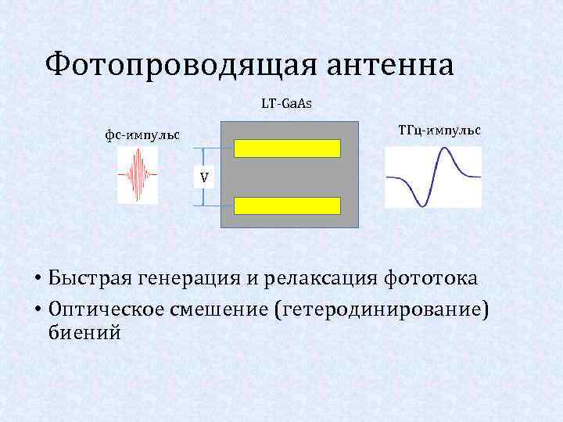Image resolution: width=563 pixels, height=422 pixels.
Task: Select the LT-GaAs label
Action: pos(287,103)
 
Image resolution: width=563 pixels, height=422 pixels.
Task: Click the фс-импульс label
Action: pos(143,134)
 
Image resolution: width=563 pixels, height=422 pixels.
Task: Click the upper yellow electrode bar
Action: pos(289,148)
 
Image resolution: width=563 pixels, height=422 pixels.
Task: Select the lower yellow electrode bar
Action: pos(289,206)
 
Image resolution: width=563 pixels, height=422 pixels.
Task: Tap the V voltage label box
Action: pos(203,177)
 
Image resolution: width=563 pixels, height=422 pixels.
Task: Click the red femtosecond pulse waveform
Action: pos(138,176)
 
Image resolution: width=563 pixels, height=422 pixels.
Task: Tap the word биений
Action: pos(84,334)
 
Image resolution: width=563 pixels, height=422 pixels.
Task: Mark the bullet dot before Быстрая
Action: pos(37,279)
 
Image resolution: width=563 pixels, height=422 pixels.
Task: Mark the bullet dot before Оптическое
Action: pos(37,308)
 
